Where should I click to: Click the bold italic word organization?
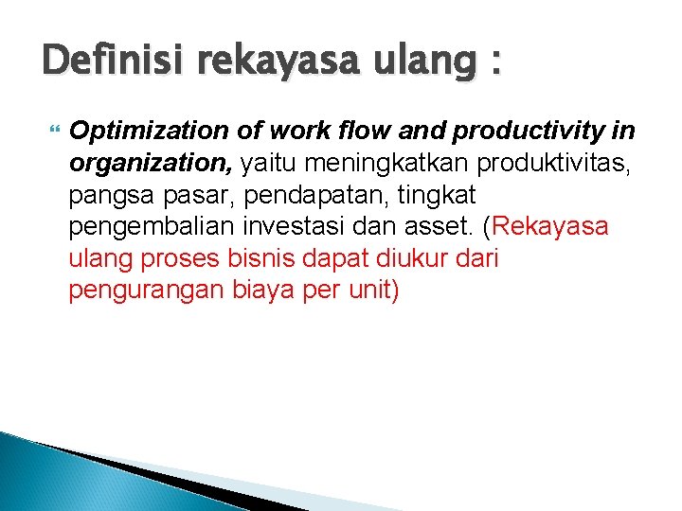coord(151,163)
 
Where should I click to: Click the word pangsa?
coord(104,195)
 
